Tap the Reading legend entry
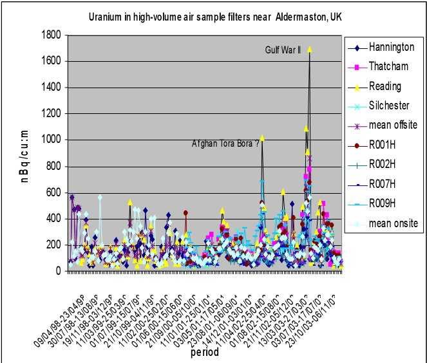pyautogui.click(x=385, y=86)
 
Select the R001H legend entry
pyautogui.click(x=384, y=145)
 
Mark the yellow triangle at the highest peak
pyautogui.click(x=310, y=49)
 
